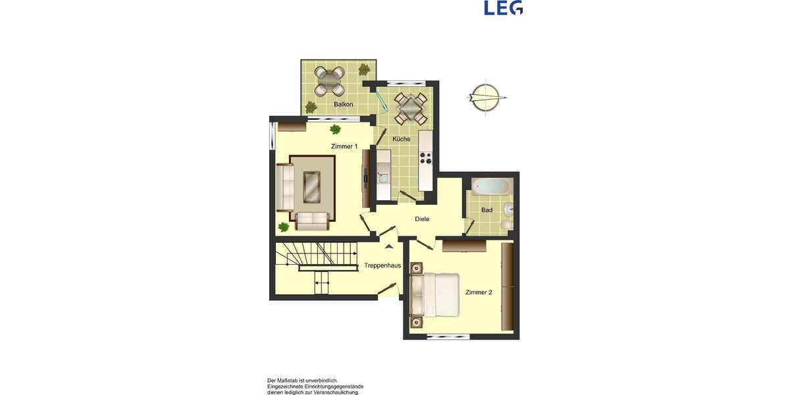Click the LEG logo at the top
(x=503, y=8)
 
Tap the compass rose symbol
(x=487, y=98)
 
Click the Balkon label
(x=344, y=105)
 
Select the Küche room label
(x=402, y=139)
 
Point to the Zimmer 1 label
(x=344, y=146)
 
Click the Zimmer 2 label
(x=479, y=292)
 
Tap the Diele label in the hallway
(x=422, y=219)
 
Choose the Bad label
(x=487, y=210)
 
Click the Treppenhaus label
(x=382, y=266)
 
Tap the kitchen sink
(x=383, y=176)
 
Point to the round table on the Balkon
(x=329, y=80)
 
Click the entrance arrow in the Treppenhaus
(x=389, y=247)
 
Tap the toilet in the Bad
(x=505, y=226)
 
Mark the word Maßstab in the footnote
(x=292, y=381)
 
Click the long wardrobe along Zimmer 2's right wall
(x=508, y=286)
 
